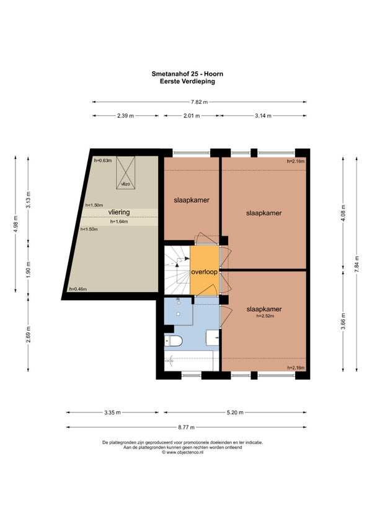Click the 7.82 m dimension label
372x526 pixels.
tap(199, 102)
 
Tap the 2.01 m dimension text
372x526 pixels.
tap(191, 116)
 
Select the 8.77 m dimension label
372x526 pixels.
tap(186, 427)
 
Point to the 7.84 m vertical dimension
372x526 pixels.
tap(356, 264)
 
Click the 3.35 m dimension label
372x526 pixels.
tap(112, 412)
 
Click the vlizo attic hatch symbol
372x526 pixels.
tap(125, 173)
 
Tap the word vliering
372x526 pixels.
tap(119, 212)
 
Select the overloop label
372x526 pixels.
tap(204, 272)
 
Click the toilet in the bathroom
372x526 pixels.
tap(173, 341)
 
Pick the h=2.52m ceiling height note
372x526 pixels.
tap(265, 316)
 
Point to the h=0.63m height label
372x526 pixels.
tap(103, 161)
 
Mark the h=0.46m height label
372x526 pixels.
tap(78, 289)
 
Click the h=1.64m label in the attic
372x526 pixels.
tap(119, 221)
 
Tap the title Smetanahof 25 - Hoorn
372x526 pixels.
tap(187, 74)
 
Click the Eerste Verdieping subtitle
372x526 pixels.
tap(187, 81)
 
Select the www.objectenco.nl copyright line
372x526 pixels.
tap(182, 452)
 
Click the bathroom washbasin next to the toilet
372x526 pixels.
tap(212, 337)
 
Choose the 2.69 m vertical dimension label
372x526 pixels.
tap(29, 334)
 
